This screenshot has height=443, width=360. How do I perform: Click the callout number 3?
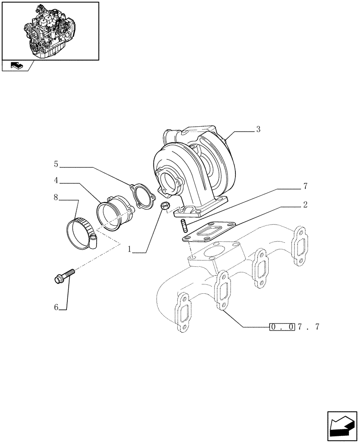pyautogui.click(x=258, y=129)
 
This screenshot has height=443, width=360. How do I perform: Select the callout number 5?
pyautogui.click(x=56, y=164)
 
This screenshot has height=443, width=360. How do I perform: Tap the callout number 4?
pyautogui.click(x=56, y=180)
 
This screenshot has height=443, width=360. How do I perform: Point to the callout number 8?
pyautogui.click(x=56, y=197)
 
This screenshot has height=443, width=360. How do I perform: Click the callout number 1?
pyautogui.click(x=130, y=250)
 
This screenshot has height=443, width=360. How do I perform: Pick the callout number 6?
pyautogui.click(x=56, y=307)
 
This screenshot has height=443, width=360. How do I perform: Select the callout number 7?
pyautogui.click(x=305, y=186)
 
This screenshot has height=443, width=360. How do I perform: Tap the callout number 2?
pyautogui.click(x=305, y=205)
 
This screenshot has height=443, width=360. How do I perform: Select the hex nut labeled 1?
pyautogui.click(x=164, y=206)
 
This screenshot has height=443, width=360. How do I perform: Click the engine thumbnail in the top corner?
pyautogui.click(x=50, y=30)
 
